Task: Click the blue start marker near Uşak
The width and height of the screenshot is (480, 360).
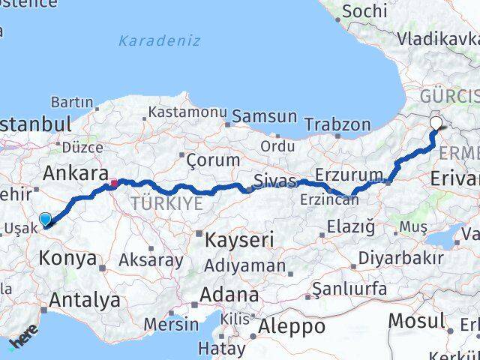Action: [46, 219]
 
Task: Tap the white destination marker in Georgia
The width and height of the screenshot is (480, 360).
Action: [436, 124]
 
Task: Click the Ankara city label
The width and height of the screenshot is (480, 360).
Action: [75, 174]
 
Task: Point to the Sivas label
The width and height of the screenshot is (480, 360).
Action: [270, 180]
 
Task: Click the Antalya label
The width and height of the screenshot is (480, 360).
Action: [84, 301]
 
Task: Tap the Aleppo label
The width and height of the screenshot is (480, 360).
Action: [292, 326]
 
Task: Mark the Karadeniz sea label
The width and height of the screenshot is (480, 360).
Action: [160, 40]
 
